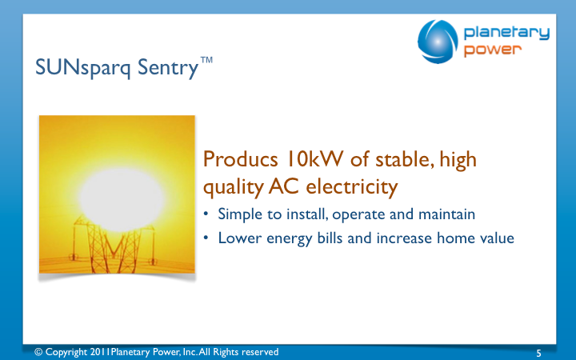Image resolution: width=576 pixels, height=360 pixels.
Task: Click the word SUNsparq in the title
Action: click(x=83, y=69)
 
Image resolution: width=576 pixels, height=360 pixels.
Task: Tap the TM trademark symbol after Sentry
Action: click(x=206, y=60)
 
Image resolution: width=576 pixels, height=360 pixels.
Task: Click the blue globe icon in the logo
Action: click(x=438, y=42)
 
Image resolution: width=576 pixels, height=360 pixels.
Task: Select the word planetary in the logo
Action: click(x=506, y=33)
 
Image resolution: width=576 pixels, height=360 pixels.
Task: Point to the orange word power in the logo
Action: click(x=492, y=50)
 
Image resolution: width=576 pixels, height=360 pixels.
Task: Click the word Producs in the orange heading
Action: click(x=240, y=159)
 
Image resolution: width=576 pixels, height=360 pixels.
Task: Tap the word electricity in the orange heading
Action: click(x=352, y=187)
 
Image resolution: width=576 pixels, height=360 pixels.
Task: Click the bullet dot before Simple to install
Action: click(x=206, y=214)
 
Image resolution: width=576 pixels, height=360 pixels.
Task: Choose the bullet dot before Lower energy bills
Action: click(x=206, y=238)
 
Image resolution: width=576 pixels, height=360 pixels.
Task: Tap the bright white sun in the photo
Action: click(x=122, y=199)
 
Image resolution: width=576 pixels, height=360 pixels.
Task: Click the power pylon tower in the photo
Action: click(x=114, y=246)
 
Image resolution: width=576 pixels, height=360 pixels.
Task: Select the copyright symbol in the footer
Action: click(x=38, y=352)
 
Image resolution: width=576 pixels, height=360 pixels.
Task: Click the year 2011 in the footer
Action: click(x=100, y=352)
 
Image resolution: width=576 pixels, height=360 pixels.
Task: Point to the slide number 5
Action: click(x=538, y=354)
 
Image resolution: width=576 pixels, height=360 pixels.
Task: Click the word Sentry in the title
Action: click(x=168, y=69)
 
